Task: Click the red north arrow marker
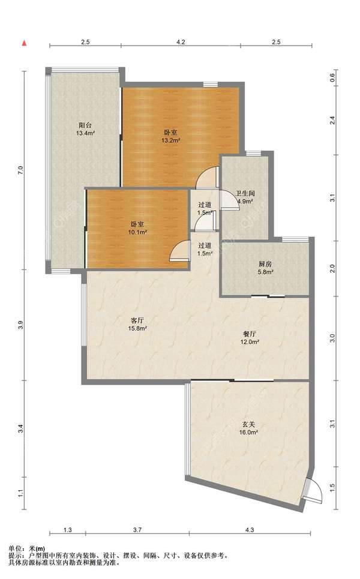click(x=25, y=43)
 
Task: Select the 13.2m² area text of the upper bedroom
click(x=170, y=140)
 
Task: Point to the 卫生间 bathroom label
click(x=245, y=193)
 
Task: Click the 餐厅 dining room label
click(x=250, y=334)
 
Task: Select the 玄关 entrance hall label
click(x=248, y=424)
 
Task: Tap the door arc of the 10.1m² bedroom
click(x=178, y=251)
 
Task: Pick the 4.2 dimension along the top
click(x=181, y=42)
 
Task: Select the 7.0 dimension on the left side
click(x=20, y=170)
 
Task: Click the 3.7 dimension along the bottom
click(x=137, y=530)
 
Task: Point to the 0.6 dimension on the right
click(x=332, y=78)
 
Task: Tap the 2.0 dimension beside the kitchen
click(x=332, y=268)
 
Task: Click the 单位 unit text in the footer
click(x=13, y=549)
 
